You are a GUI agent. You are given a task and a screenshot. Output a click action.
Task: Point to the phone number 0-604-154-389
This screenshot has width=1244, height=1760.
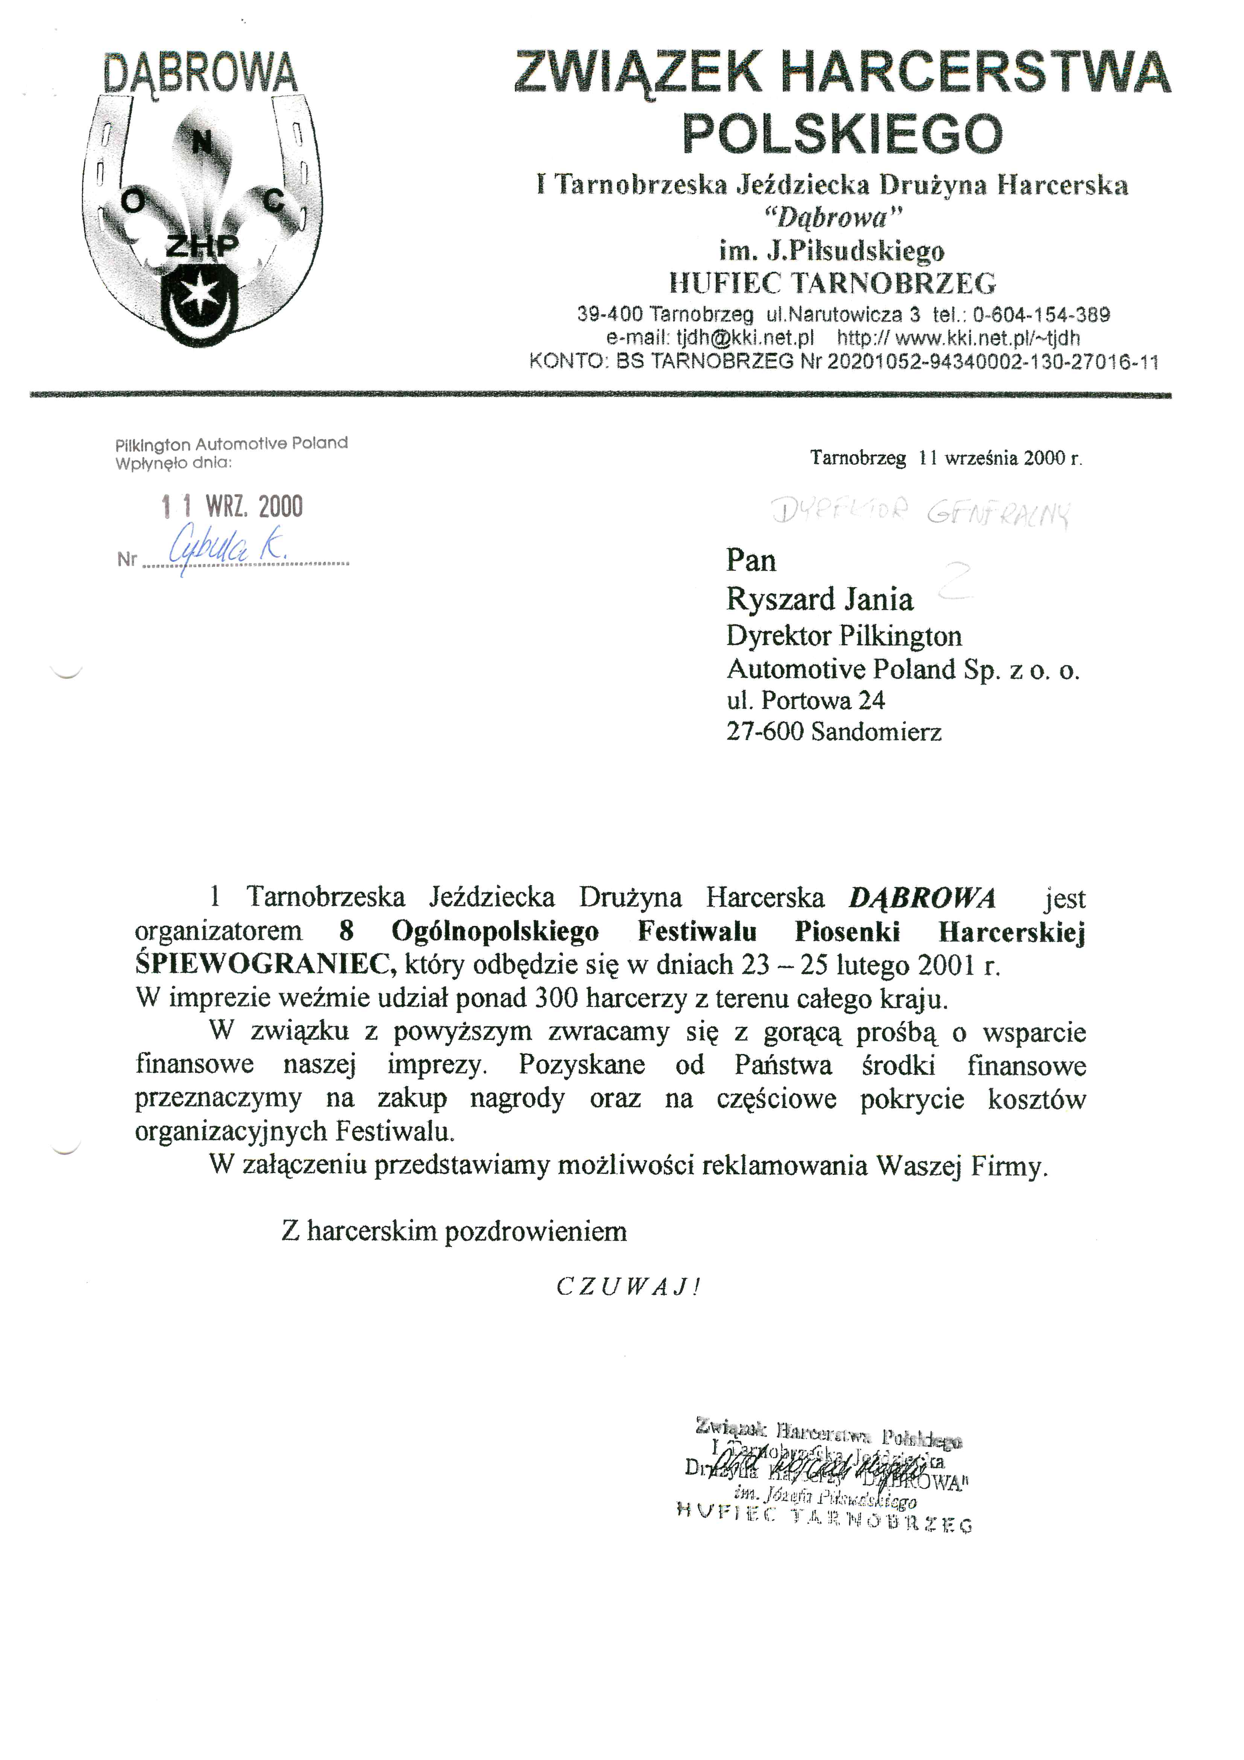[x=1041, y=314]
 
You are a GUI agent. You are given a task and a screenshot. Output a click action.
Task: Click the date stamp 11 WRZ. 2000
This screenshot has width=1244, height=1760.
[x=232, y=507]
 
